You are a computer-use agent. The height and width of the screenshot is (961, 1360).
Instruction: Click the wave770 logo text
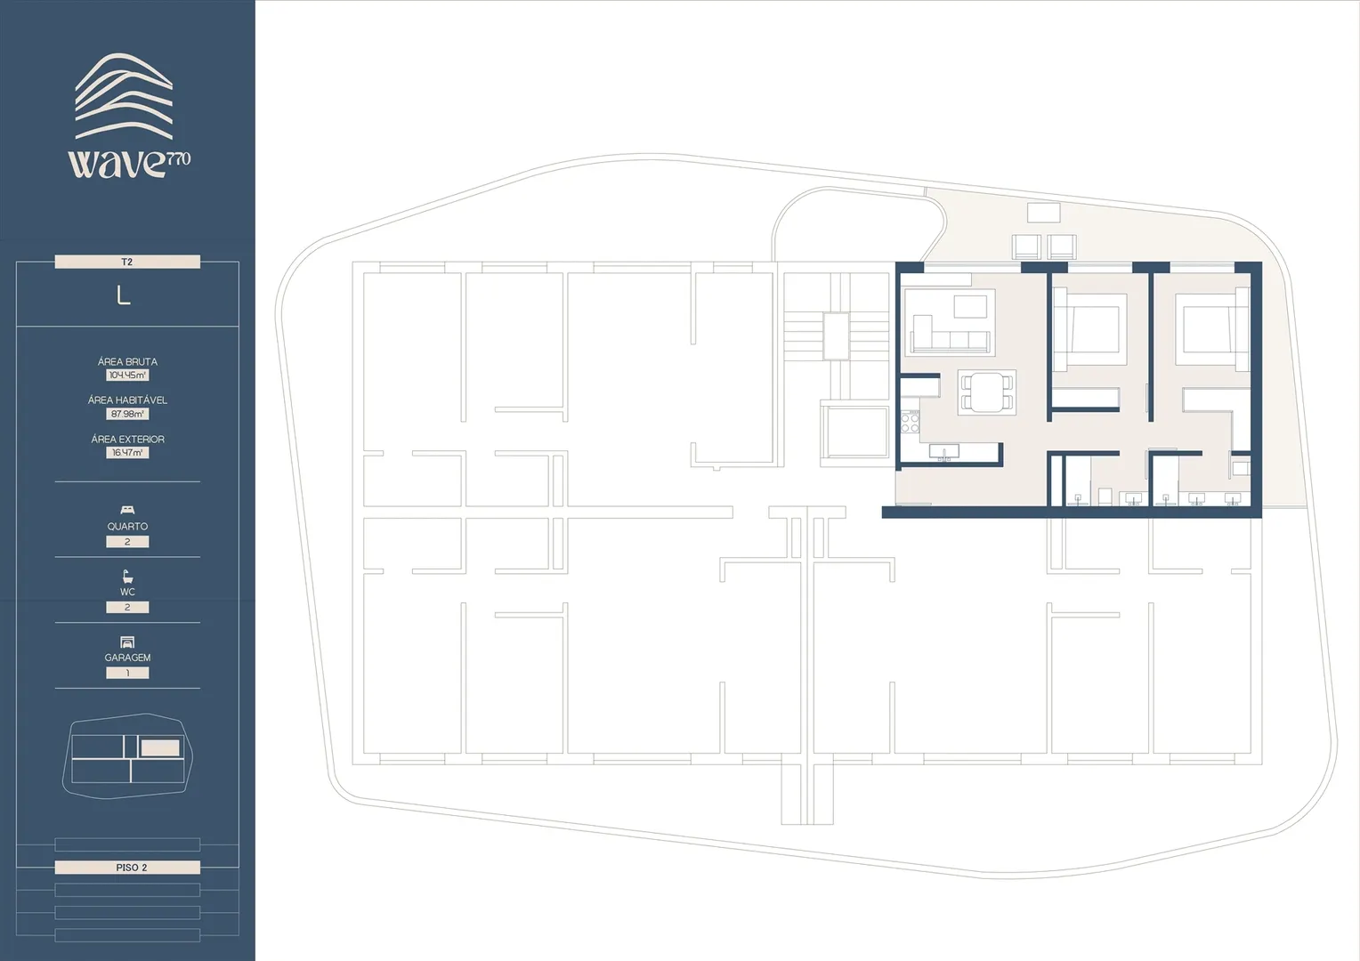129,164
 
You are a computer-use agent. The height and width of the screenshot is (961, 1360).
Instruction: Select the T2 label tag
127,262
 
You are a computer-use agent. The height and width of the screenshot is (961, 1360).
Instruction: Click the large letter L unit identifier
123,295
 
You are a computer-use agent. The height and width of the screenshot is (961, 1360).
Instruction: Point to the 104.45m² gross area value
127,376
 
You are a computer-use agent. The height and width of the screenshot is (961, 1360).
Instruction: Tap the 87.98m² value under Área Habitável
127,414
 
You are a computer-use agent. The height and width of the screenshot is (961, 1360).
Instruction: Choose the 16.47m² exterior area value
127,452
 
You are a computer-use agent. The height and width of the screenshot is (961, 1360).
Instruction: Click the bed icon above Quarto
127,510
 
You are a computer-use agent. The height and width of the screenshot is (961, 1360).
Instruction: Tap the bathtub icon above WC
127,577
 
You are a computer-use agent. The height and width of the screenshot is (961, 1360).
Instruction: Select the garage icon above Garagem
127,642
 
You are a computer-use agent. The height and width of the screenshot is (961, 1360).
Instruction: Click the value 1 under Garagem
127,673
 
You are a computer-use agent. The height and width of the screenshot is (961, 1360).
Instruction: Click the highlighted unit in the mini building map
160,747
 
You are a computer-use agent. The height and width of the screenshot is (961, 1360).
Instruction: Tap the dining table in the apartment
986,392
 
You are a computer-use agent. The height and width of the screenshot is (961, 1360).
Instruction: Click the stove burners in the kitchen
910,422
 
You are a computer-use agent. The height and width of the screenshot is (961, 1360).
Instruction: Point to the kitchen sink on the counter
944,451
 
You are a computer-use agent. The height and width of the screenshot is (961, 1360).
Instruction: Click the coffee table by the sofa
970,307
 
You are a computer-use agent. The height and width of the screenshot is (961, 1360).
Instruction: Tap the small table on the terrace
1044,213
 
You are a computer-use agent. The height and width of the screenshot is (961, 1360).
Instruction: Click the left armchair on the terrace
1026,247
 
